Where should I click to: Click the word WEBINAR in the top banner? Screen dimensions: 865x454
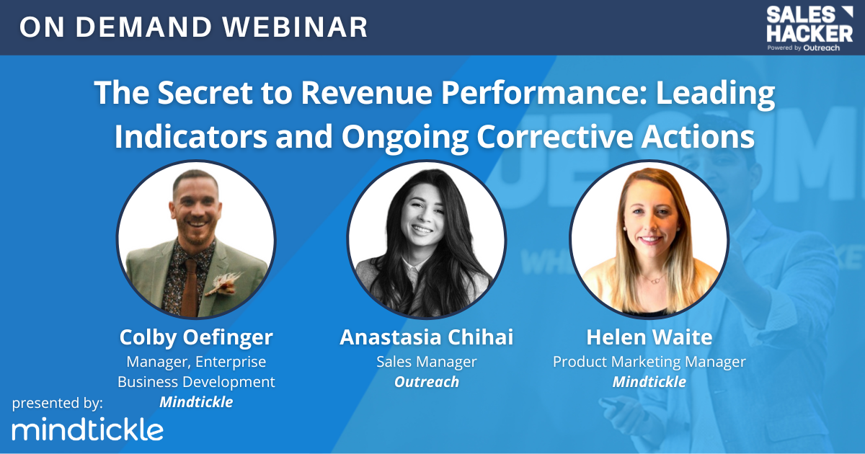pyautogui.click(x=295, y=27)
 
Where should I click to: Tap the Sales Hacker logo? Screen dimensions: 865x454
pyautogui.click(x=809, y=29)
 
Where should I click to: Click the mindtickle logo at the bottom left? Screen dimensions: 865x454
pyautogui.click(x=88, y=429)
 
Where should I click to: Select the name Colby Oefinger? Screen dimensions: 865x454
pyautogui.click(x=196, y=337)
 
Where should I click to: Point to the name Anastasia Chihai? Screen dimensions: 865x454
pyautogui.click(x=426, y=337)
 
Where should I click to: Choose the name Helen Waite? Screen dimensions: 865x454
pyautogui.click(x=649, y=337)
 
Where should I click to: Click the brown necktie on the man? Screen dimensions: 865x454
pyautogui.click(x=190, y=287)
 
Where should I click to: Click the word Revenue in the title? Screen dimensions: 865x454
pyautogui.click(x=366, y=93)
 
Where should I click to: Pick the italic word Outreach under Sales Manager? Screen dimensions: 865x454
pyautogui.click(x=426, y=382)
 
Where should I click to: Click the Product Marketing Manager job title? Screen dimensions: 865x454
pyautogui.click(x=649, y=362)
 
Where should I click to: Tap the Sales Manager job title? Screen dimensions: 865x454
pyautogui.click(x=426, y=362)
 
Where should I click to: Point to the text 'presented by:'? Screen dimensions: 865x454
pyautogui.click(x=58, y=403)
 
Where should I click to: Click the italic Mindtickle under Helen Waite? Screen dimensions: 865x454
pyautogui.click(x=649, y=382)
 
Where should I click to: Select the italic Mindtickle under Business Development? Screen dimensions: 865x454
pyautogui.click(x=196, y=402)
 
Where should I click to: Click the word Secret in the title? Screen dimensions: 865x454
pyautogui.click(x=205, y=93)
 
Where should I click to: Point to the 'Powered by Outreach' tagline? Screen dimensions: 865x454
pyautogui.click(x=803, y=48)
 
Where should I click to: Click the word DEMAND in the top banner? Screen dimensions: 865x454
pyautogui.click(x=143, y=27)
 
